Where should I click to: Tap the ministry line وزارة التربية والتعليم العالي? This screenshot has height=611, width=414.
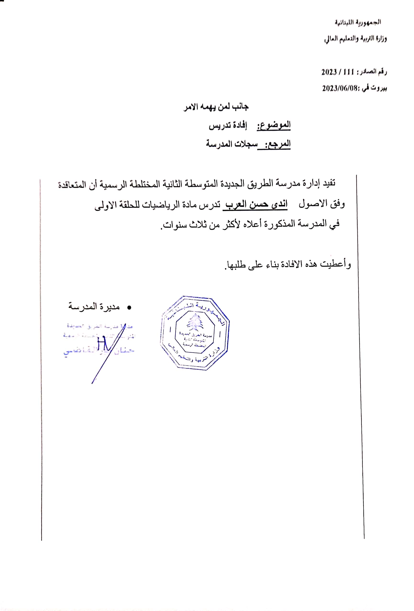pos(355,39)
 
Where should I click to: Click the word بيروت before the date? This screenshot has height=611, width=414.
pos(379,88)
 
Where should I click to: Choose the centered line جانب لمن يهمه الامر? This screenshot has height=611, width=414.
pos(216,107)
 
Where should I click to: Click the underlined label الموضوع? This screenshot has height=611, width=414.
pos(274,125)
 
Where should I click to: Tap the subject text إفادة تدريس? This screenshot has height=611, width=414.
pos(228,126)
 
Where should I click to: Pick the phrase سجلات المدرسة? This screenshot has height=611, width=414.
pos(232,144)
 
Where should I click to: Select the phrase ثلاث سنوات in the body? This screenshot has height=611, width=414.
pos(184,225)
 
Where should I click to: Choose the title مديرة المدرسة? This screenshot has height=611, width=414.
pos(94,306)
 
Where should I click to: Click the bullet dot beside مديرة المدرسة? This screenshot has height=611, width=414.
pos(129,307)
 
